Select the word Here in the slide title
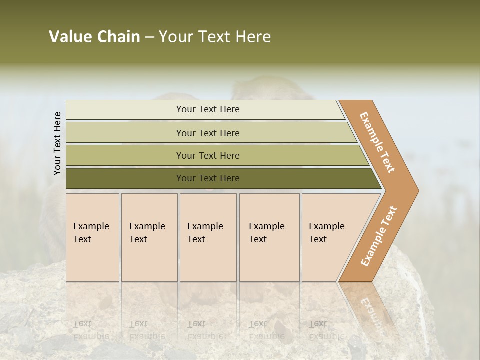click(x=253, y=37)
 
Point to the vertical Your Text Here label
click(x=57, y=143)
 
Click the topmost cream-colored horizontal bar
click(x=205, y=109)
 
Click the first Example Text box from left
click(x=92, y=237)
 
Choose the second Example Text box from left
click(x=149, y=237)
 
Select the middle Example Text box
click(x=208, y=237)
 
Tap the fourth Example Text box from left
click(x=269, y=237)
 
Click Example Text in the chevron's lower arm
click(x=379, y=236)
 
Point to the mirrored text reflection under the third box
click(x=205, y=330)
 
